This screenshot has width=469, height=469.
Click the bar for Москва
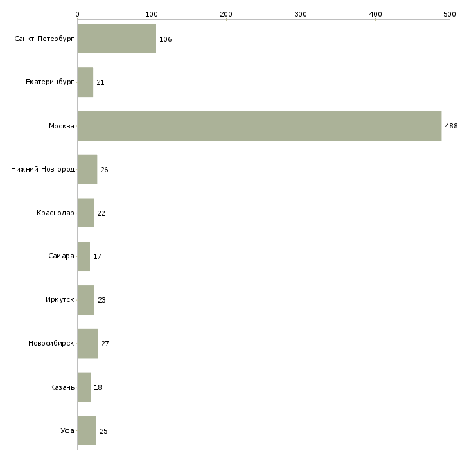pyautogui.click(x=260, y=126)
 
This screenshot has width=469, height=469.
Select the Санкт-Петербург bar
pyautogui.click(x=117, y=39)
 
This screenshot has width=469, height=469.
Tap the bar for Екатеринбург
pyautogui.click(x=85, y=82)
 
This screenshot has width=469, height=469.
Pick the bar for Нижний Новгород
pyautogui.click(x=87, y=170)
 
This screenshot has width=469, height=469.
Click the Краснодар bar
pyautogui.click(x=85, y=213)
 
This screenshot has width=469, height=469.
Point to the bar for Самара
pyautogui.click(x=84, y=256)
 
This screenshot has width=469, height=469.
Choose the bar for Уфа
pyautogui.click(x=87, y=430)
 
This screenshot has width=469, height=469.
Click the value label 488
pyautogui.click(x=451, y=126)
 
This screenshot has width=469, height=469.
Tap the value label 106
pyautogui.click(x=165, y=39)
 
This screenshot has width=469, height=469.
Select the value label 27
pyautogui.click(x=105, y=344)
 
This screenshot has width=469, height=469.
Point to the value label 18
pyautogui.click(x=98, y=387)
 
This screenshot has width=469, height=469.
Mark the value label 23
pyautogui.click(x=102, y=300)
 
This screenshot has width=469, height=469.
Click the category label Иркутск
pyautogui.click(x=60, y=299)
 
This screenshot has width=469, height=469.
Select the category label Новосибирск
pyautogui.click(x=51, y=343)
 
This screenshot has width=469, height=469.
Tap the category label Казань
pyautogui.click(x=62, y=387)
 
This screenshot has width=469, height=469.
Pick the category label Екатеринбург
pyautogui.click(x=49, y=82)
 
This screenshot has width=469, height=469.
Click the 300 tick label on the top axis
pyautogui.click(x=301, y=14)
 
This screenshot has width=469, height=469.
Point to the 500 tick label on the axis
pyautogui.click(x=450, y=14)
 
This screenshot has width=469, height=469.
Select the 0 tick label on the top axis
pyautogui.click(x=78, y=14)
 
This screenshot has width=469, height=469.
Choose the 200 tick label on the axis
pyautogui.click(x=226, y=14)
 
